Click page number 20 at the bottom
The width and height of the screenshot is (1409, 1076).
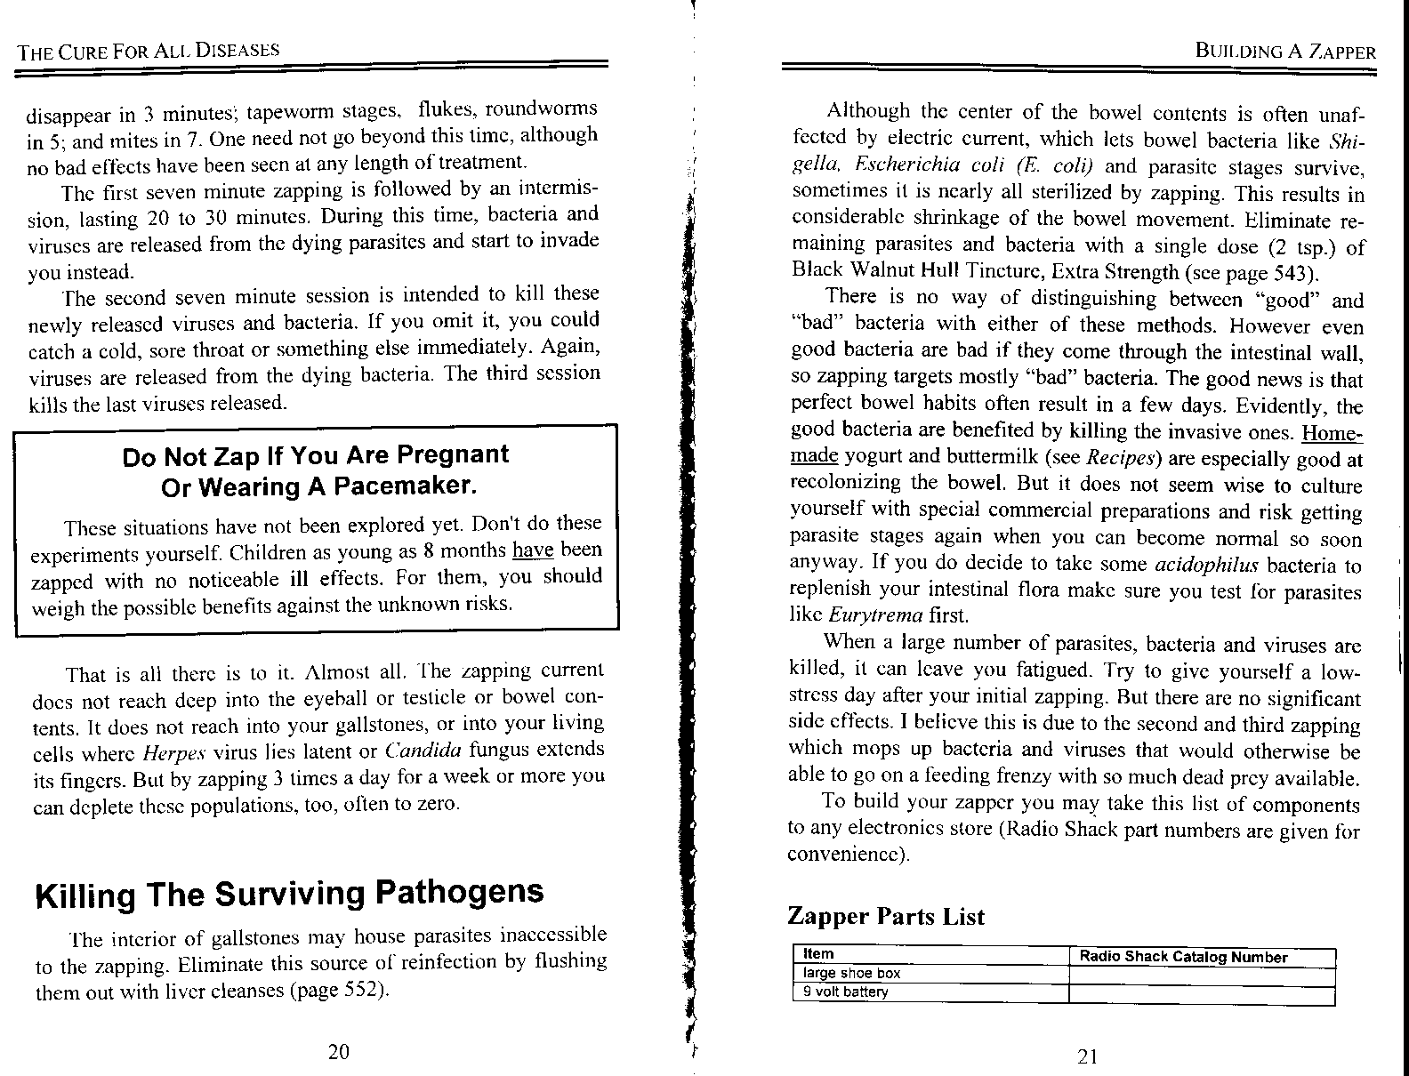[x=338, y=1052]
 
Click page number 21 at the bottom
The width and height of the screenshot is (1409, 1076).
[x=1087, y=1056]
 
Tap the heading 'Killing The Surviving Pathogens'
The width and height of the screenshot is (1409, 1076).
[x=289, y=893]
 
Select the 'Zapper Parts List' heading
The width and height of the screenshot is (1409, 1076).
[x=886, y=917]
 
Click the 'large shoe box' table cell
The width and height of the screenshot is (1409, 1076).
[x=851, y=974]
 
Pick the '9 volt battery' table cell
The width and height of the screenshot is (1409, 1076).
[x=845, y=992]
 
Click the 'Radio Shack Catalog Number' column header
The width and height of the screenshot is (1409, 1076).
[x=1183, y=957]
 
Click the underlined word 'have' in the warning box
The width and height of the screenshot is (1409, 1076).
[x=534, y=550]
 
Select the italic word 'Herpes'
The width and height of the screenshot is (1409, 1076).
[x=169, y=751]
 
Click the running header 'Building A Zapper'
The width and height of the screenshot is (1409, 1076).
[x=1286, y=52]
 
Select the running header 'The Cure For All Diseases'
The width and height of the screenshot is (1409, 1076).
[x=149, y=51]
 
